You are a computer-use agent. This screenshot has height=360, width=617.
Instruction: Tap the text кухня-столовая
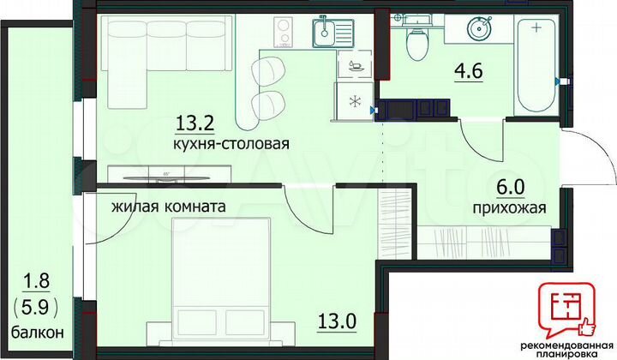tap(230, 145)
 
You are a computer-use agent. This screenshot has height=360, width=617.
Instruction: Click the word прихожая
tap(509, 207)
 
